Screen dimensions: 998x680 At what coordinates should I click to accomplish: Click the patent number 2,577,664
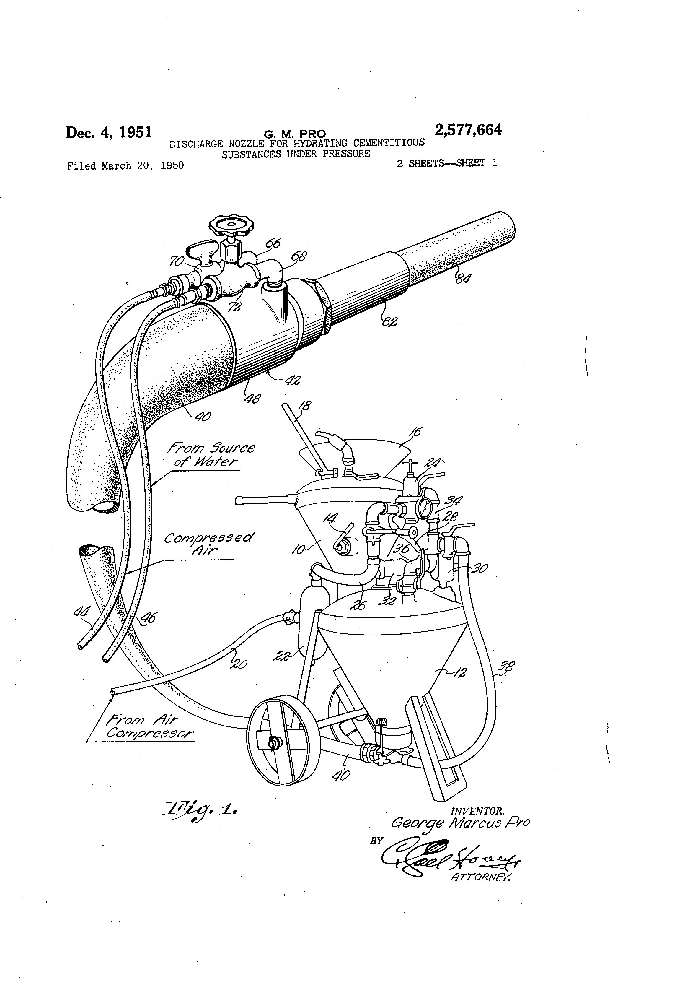(x=468, y=130)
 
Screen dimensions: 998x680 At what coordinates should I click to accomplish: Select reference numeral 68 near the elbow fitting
(x=299, y=257)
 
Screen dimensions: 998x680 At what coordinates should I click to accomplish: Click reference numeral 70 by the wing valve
(x=177, y=260)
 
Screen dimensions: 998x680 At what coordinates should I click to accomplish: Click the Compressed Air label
(x=209, y=544)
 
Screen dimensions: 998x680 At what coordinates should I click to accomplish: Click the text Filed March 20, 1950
(x=125, y=166)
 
